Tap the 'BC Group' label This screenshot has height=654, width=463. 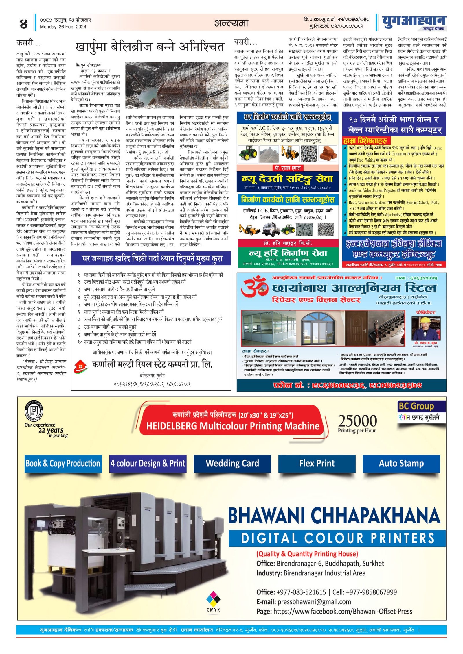point(416,406)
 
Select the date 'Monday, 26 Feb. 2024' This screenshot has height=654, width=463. point(63,27)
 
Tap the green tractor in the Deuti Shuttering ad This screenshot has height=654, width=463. point(248,152)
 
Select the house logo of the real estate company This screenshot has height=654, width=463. point(81,366)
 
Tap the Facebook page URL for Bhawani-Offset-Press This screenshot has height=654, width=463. point(343,611)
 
